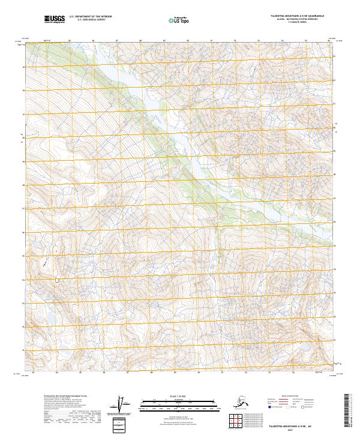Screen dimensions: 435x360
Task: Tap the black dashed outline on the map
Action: [x=58, y=280]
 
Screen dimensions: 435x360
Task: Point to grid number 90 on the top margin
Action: [x=188, y=41]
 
